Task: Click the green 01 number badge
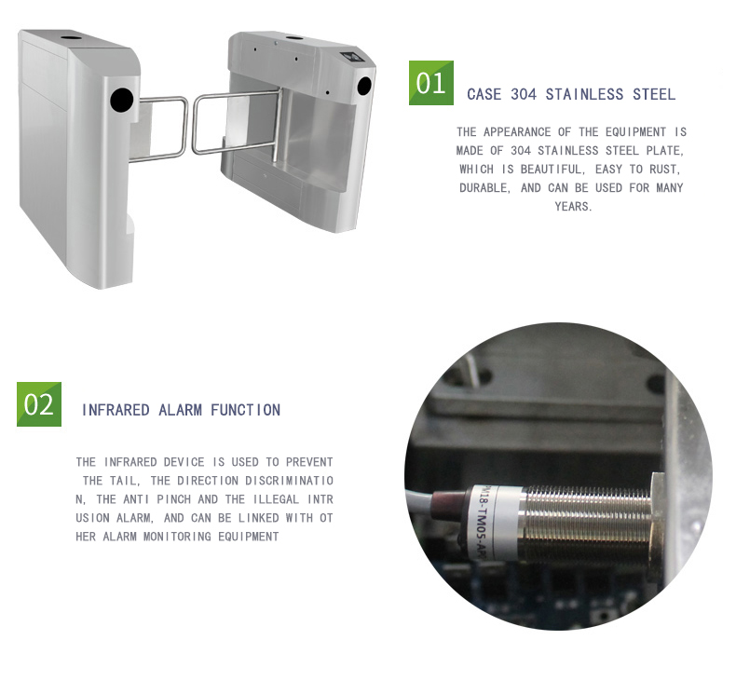pyautogui.click(x=431, y=83)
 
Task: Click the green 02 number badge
pyautogui.click(x=39, y=404)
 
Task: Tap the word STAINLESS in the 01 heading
pyautogui.click(x=584, y=94)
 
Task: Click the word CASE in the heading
pyautogui.click(x=484, y=94)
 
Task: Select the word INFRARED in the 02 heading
pyautogui.click(x=116, y=410)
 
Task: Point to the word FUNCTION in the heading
pyautogui.click(x=246, y=410)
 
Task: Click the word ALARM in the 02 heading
pyautogui.click(x=180, y=410)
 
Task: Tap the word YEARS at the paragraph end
pyautogui.click(x=573, y=207)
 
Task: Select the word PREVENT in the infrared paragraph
pyautogui.click(x=309, y=462)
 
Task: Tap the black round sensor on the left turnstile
pyautogui.click(x=122, y=100)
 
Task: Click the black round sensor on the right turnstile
pyautogui.click(x=364, y=86)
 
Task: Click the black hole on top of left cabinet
pyautogui.click(x=72, y=36)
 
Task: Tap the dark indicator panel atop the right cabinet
pyautogui.click(x=349, y=57)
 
